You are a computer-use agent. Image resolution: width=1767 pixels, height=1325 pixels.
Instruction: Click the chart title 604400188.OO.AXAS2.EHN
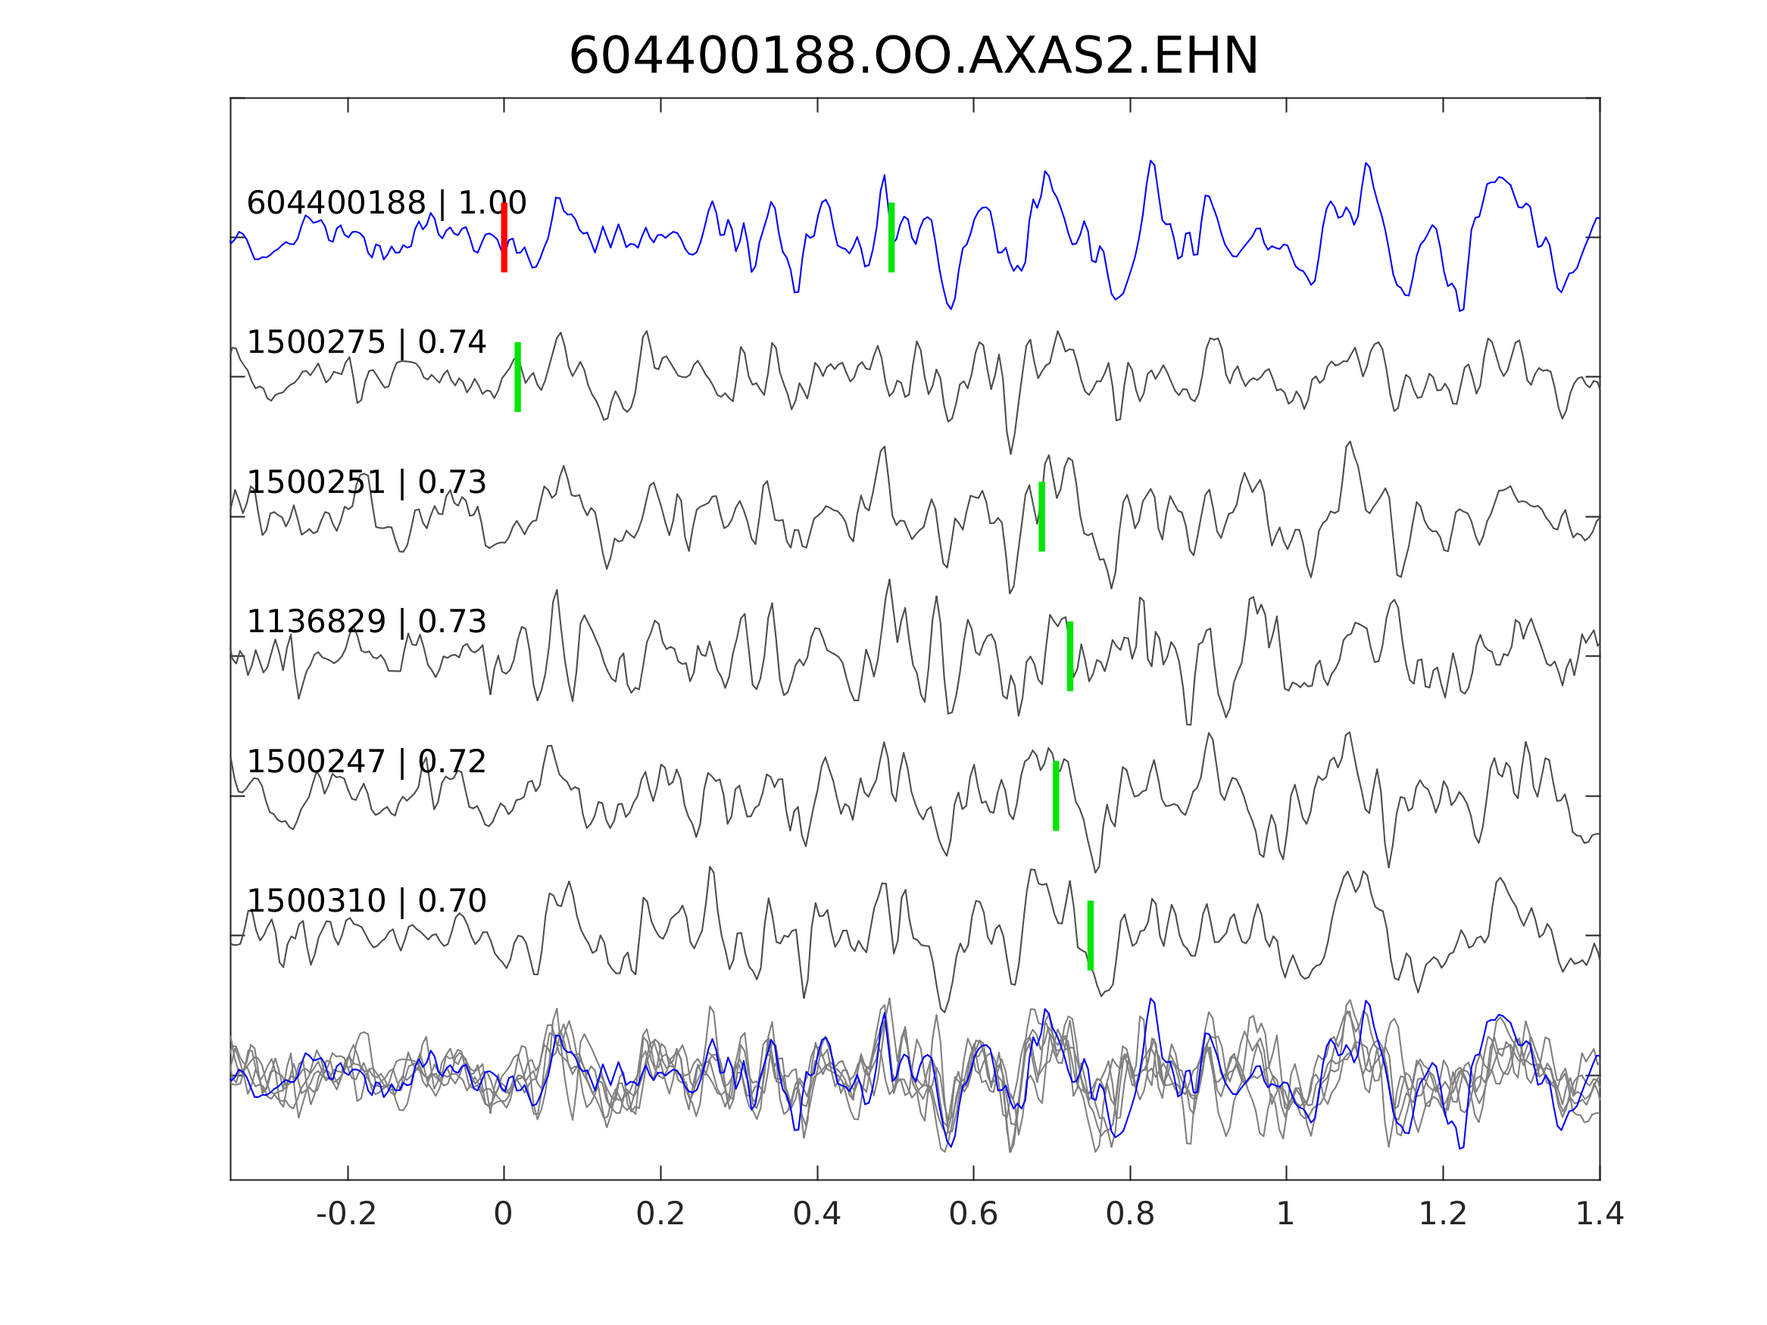(x=913, y=58)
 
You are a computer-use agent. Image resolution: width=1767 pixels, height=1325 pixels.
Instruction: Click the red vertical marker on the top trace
(x=504, y=237)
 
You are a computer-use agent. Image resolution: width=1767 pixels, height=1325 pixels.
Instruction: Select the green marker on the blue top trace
(x=891, y=237)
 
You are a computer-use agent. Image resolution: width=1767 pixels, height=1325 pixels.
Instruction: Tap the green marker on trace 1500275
(x=517, y=377)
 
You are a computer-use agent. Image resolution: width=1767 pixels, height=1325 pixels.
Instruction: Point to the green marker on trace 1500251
(x=1041, y=516)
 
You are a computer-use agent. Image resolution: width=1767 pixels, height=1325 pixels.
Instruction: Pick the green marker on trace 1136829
(x=1069, y=656)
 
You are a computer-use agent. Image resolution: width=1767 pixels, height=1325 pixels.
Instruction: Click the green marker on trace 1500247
(x=1056, y=797)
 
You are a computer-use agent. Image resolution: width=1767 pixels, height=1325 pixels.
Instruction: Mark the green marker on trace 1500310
(x=1091, y=936)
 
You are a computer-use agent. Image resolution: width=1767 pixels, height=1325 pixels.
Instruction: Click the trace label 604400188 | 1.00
(x=386, y=204)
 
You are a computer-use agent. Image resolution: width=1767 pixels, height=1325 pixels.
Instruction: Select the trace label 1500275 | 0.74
(x=367, y=344)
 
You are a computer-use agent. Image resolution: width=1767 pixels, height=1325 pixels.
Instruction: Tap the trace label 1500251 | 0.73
(x=367, y=483)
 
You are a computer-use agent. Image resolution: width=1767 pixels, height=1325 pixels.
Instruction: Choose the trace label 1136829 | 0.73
(x=367, y=622)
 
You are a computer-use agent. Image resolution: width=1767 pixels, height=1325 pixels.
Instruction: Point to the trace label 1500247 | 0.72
(x=367, y=762)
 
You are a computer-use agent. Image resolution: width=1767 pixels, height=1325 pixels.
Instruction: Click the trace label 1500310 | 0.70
(x=367, y=902)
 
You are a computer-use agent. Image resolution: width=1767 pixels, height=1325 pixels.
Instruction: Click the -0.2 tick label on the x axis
(x=347, y=1214)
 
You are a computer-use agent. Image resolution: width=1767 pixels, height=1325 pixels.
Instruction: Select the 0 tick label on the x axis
(x=503, y=1214)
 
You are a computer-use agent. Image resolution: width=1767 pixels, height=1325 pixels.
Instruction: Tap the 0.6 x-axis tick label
(x=973, y=1214)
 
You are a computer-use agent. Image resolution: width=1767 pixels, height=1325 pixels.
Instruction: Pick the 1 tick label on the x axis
(x=1285, y=1214)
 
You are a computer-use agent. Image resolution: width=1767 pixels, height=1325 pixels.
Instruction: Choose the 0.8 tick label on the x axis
(x=1129, y=1214)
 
